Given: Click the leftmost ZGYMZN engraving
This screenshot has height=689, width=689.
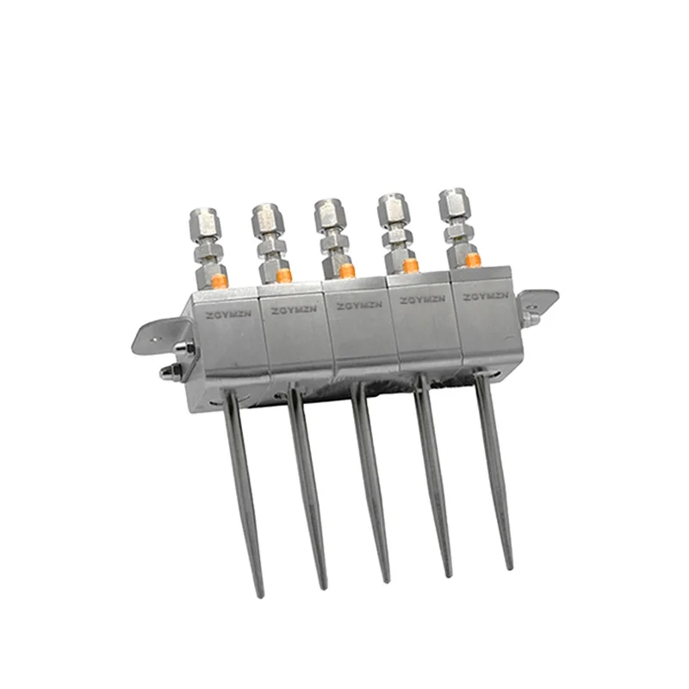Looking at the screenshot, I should coord(226,315).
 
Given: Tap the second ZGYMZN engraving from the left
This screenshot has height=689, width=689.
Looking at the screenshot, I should coord(289,310).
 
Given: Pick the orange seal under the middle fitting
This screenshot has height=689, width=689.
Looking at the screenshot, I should coord(346,270).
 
